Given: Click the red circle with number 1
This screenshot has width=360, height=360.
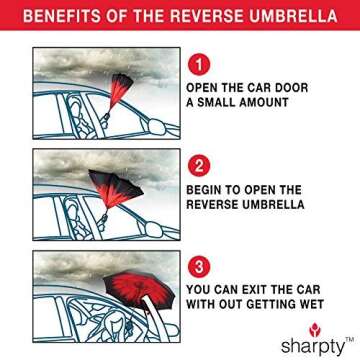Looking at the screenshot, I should pyautogui.click(x=199, y=64).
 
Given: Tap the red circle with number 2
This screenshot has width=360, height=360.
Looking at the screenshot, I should pyautogui.click(x=199, y=166).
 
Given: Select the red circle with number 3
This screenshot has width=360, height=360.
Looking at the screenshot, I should pyautogui.click(x=199, y=267).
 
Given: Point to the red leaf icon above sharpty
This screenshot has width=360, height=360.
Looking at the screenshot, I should pyautogui.click(x=316, y=328).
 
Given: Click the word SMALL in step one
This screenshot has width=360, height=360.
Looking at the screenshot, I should pyautogui.click(x=218, y=103).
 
